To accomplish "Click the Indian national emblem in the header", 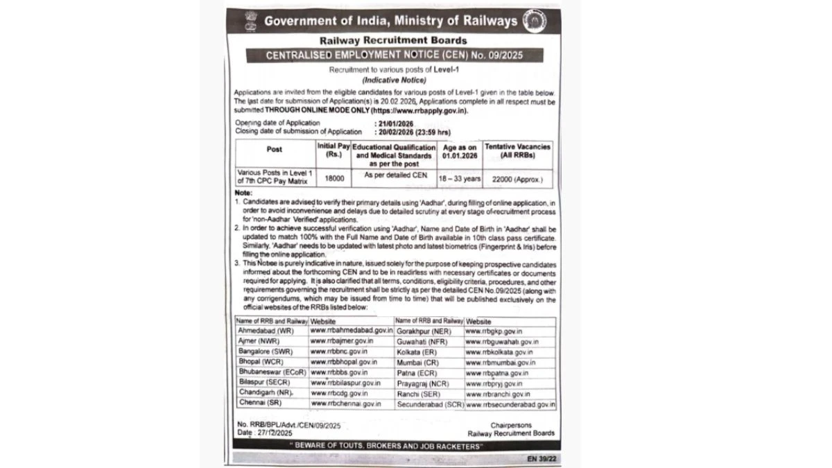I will tap(246, 19).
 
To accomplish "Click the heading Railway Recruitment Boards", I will tap(388, 40).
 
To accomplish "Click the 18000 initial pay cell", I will tap(331, 178).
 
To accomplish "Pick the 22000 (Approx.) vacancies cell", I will tap(517, 178).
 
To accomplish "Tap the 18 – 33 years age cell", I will tap(458, 178).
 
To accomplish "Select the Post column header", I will tap(274, 148).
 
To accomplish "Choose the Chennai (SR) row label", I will tap(257, 403).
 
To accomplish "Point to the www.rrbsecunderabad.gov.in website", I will tap(510, 404).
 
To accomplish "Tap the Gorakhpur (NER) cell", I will tap(424, 331).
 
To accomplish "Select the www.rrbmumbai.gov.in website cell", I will tap(501, 362).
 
